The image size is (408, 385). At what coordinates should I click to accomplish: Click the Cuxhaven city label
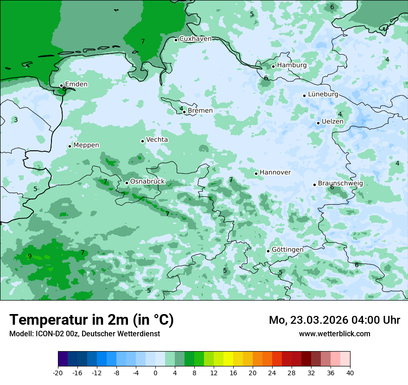click(195, 39)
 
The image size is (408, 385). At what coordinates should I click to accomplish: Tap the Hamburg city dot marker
click(273, 66)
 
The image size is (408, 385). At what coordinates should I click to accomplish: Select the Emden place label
click(76, 84)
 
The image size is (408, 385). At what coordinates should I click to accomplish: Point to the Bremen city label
click(200, 111)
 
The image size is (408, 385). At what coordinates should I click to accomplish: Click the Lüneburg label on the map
click(323, 95)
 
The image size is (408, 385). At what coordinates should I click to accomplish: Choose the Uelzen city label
click(332, 122)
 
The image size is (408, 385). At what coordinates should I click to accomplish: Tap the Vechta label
click(157, 140)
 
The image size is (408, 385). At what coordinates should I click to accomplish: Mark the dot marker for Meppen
click(70, 146)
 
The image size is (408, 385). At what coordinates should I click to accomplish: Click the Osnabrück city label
click(147, 182)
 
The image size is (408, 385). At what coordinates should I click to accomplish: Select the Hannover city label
click(275, 173)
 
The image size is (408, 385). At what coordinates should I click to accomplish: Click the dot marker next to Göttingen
click(268, 251)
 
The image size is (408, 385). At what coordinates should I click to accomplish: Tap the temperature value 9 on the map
click(30, 256)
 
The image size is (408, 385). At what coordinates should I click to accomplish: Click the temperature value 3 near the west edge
click(16, 120)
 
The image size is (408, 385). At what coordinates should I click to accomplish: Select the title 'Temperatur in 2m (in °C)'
click(92, 320)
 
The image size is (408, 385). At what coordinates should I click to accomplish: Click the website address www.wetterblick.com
click(334, 334)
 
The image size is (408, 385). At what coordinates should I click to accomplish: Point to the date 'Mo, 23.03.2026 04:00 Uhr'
click(334, 320)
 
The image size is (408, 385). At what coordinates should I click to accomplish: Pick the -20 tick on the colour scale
click(58, 373)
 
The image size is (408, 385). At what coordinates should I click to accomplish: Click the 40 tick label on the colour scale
click(350, 373)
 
